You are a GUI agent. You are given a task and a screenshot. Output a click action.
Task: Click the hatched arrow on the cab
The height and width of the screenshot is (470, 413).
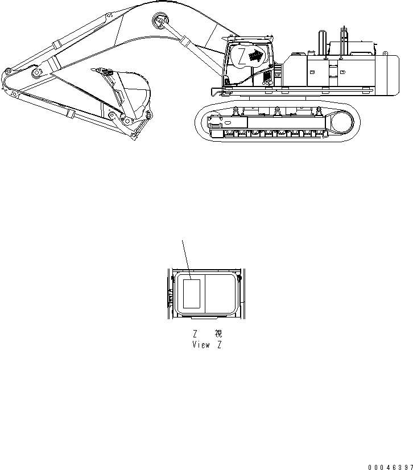258,55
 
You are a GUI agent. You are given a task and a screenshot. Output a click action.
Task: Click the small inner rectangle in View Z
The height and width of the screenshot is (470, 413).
191,293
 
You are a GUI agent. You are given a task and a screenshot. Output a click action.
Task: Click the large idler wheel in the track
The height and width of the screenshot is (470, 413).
343,122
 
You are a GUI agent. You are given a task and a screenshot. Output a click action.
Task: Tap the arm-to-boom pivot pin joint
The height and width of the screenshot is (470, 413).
36,75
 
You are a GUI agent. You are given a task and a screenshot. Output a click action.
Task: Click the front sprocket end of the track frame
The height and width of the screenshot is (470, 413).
214,122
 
